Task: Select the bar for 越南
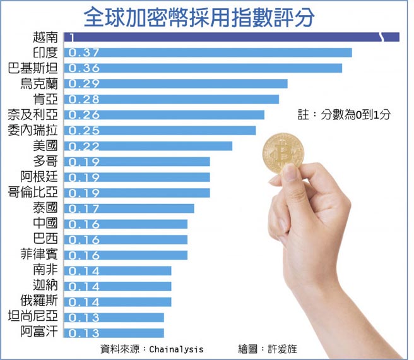pos(231,37)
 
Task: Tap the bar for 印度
pos(208,52)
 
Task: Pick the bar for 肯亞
pos(171,99)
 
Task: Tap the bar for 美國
pos(148,146)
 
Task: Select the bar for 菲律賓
pos(126,255)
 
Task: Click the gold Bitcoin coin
pos(283,153)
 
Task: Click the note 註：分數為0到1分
pos(344,115)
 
